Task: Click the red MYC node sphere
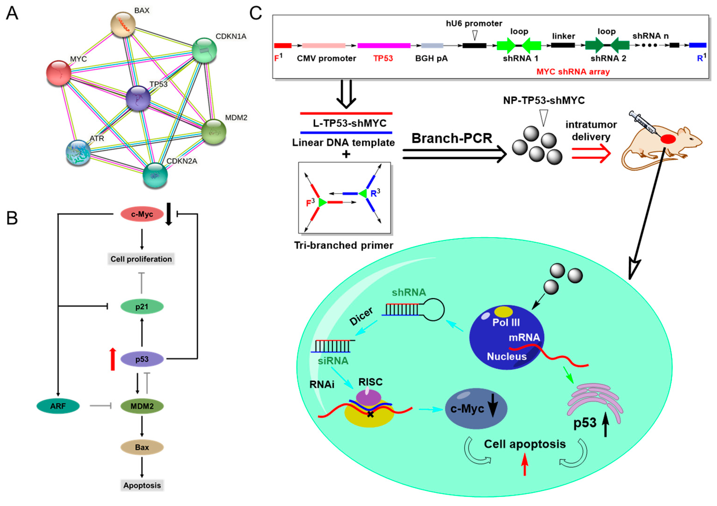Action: [58, 73]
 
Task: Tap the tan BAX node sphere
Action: [123, 24]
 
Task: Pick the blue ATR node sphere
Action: [78, 152]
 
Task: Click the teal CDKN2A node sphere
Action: [155, 175]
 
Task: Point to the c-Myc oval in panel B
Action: [142, 214]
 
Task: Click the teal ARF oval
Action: [58, 406]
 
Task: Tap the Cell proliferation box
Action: [141, 259]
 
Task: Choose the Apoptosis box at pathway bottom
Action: [142, 485]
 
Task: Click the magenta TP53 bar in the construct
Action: [384, 46]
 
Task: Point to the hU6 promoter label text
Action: [474, 23]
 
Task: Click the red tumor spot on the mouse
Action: [668, 139]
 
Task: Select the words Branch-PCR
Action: [452, 138]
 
